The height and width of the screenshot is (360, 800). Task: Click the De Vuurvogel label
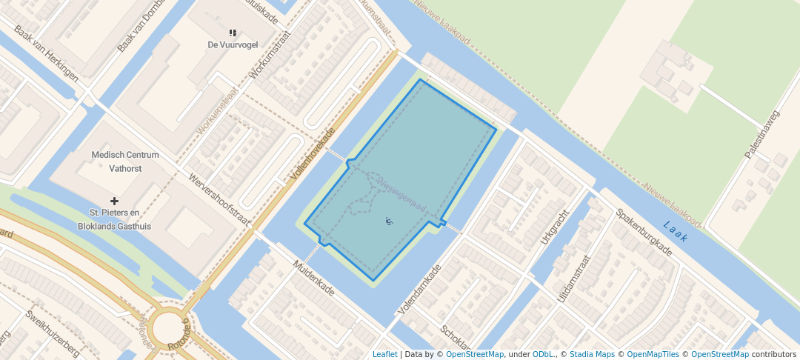pos(233,44)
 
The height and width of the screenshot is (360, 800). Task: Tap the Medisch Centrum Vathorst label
pos(125,161)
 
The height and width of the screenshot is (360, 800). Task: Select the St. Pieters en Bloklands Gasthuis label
pos(115,221)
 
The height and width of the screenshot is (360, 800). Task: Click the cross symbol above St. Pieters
pos(114,201)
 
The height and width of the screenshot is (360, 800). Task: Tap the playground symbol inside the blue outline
pos(390,220)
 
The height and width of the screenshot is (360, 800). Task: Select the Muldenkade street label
pos(315,277)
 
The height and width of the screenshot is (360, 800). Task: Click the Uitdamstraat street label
pos(575,278)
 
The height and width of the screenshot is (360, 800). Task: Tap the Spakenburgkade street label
pos(643,232)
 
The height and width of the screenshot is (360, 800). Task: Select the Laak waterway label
pos(676,231)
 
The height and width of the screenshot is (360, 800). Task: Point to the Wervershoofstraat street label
pos(220,201)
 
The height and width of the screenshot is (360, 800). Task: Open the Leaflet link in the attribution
pos(384,354)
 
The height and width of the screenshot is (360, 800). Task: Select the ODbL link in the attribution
pos(544,354)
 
